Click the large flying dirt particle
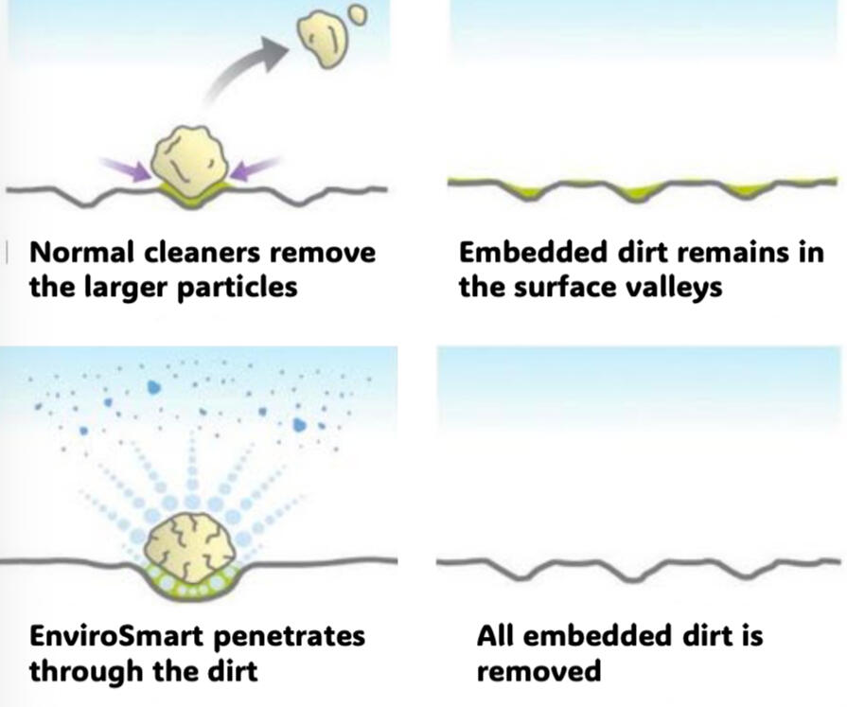[321, 40]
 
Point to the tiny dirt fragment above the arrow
[357, 14]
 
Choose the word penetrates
[290, 636]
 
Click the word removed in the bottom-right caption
[538, 671]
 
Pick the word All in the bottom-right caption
[496, 635]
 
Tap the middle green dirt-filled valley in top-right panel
[635, 191]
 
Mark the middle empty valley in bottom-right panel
[635, 574]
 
